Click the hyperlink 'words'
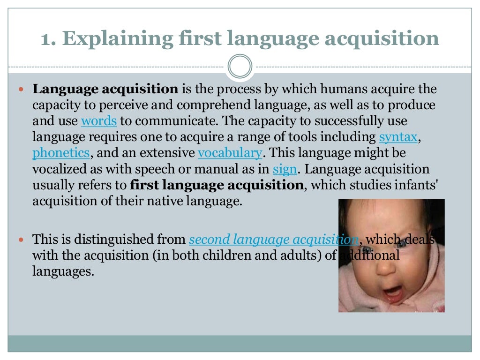point(98,121)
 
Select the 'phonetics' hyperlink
point(61,153)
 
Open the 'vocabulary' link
point(230,153)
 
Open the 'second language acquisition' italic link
point(273,240)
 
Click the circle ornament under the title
point(240,66)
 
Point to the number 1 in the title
point(45,39)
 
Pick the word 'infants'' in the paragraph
point(414,185)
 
